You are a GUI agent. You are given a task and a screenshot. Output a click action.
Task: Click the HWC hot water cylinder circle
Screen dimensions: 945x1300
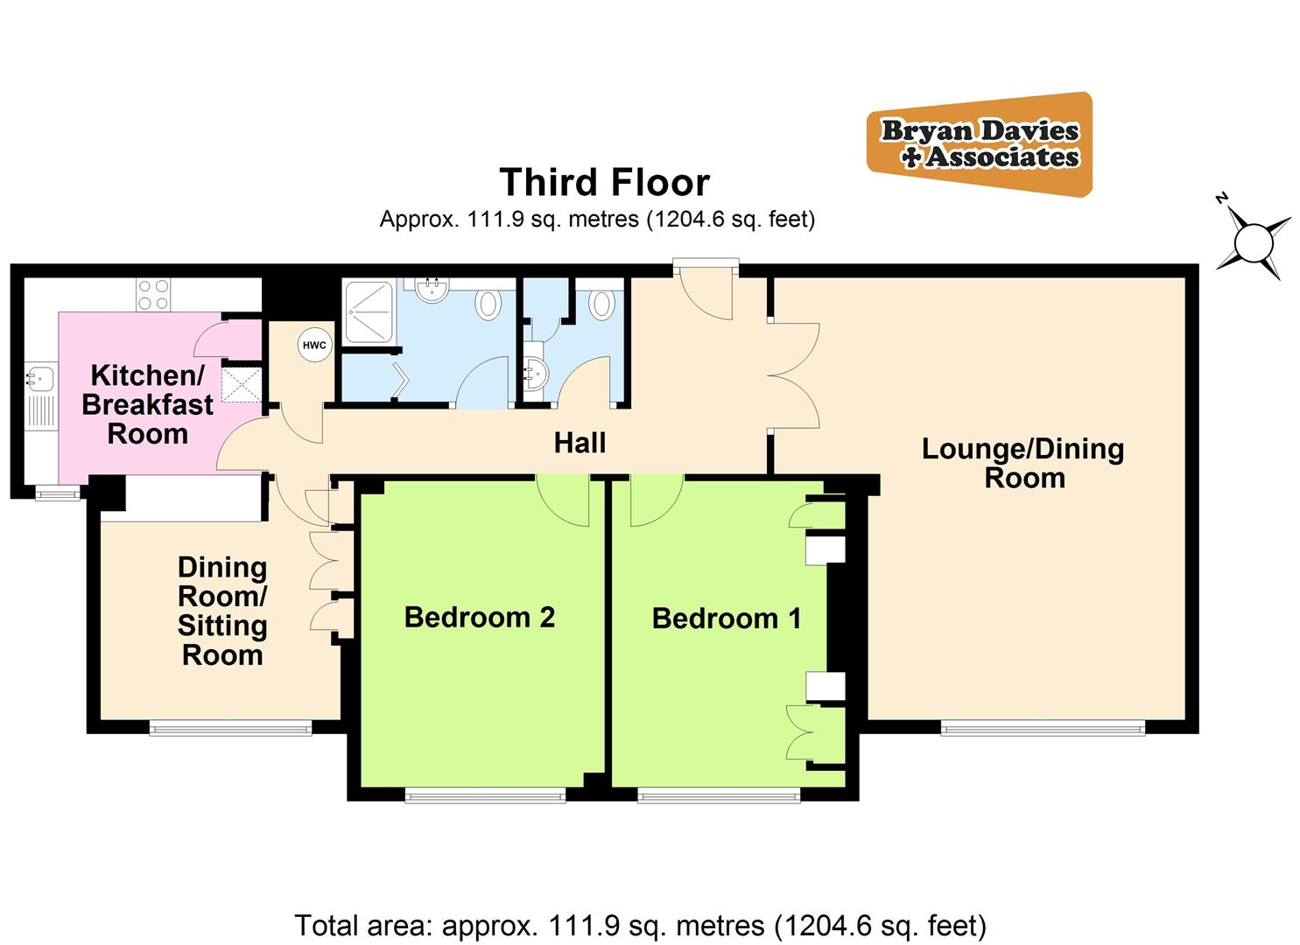click(x=314, y=346)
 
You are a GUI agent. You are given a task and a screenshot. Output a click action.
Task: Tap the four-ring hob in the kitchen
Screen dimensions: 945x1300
click(x=153, y=294)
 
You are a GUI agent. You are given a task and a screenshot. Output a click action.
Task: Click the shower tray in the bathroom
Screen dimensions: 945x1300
click(x=371, y=311)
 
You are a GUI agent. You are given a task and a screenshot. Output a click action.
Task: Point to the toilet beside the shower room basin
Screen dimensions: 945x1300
click(x=487, y=305)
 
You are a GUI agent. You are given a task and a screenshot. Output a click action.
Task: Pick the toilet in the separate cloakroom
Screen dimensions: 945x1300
click(x=601, y=304)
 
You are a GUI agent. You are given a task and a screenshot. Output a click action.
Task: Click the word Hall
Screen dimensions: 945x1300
click(x=580, y=444)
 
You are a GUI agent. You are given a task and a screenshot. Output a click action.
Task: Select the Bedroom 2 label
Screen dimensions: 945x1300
click(x=479, y=618)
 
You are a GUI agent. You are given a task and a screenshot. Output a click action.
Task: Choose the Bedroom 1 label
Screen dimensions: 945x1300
click(x=726, y=619)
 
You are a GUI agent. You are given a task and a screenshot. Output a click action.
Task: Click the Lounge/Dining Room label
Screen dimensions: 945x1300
click(x=1022, y=463)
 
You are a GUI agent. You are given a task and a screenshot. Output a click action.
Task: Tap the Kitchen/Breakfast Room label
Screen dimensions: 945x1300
click(x=147, y=404)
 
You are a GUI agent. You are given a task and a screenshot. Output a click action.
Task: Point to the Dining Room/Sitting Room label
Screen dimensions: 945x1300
click(x=222, y=611)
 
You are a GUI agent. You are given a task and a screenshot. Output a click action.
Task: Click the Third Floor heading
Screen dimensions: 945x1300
click(x=604, y=183)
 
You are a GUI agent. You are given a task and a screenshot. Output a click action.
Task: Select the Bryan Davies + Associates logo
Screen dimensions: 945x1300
click(x=980, y=144)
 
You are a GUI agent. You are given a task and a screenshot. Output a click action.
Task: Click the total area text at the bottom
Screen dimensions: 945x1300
click(x=640, y=925)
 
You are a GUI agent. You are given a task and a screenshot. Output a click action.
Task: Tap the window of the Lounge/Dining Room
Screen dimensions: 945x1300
click(x=1043, y=726)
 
